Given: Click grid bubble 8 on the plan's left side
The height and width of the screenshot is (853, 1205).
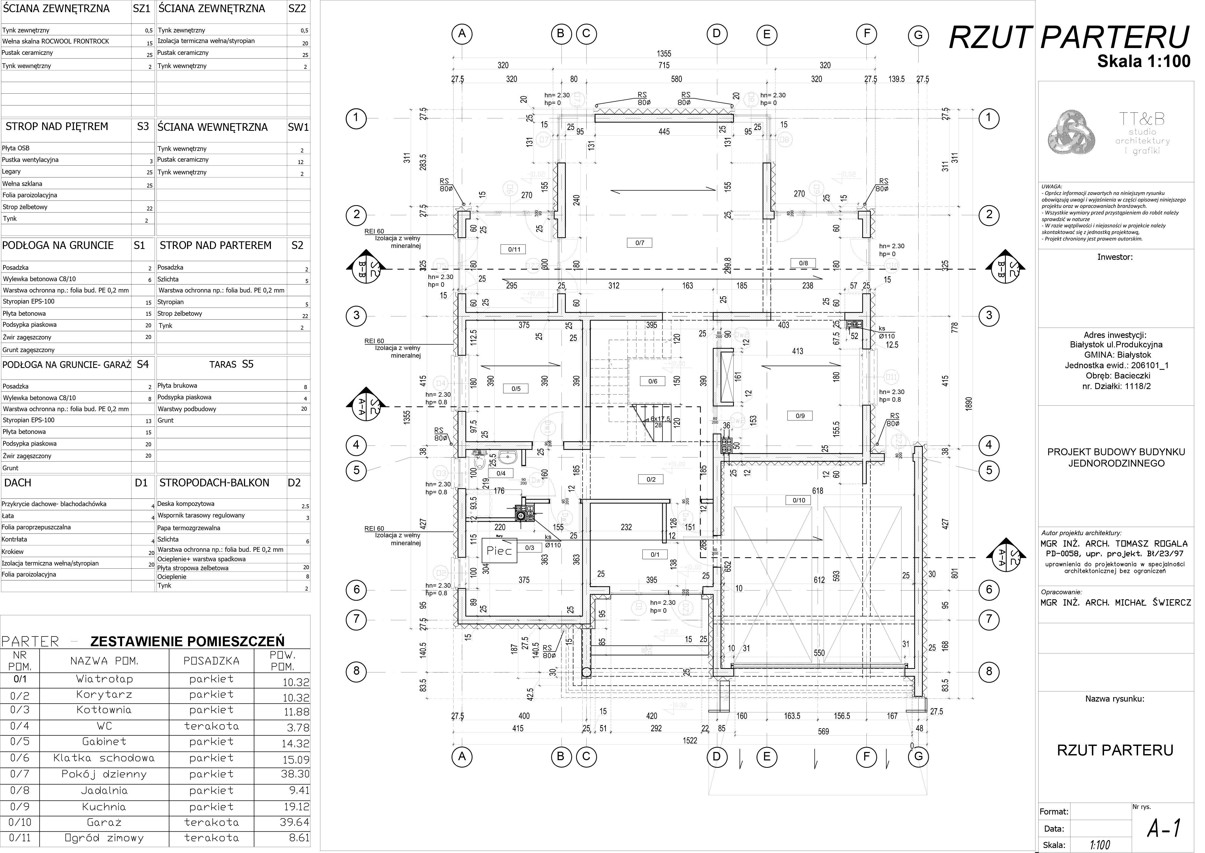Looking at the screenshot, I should (x=356, y=671).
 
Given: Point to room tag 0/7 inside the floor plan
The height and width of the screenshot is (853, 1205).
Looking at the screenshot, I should (x=640, y=243).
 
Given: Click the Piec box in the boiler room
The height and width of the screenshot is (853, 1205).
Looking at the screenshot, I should (x=499, y=550).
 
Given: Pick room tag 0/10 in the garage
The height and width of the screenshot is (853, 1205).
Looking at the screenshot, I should (x=799, y=500).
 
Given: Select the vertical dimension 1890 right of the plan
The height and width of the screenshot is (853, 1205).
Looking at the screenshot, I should (x=969, y=403).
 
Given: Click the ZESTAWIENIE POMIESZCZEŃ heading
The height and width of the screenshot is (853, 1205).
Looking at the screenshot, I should (x=187, y=641).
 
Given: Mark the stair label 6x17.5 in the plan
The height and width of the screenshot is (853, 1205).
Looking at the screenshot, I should (x=660, y=419).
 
